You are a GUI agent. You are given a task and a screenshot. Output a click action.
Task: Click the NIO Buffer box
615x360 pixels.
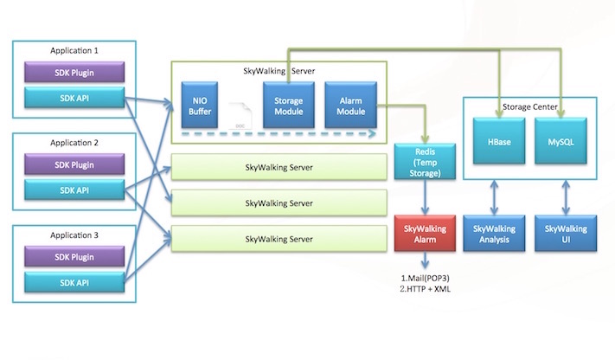point(200,105)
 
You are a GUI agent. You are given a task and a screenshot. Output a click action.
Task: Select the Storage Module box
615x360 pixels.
point(289,105)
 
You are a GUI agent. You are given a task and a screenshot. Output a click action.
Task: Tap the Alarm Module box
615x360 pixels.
point(351,105)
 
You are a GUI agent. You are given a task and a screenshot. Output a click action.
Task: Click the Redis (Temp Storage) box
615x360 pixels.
point(426,162)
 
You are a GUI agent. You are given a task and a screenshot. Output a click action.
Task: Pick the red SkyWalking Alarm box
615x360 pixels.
point(426,233)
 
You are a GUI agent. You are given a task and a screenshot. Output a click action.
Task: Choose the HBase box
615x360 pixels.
point(499,141)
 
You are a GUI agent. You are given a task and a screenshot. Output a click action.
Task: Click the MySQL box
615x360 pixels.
point(561,141)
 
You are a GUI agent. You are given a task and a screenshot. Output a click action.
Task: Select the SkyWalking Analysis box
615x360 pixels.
point(494,233)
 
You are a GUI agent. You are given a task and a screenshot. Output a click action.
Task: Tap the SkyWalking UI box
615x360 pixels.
point(566,233)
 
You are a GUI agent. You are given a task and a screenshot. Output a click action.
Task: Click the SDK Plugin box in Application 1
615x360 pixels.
point(74,72)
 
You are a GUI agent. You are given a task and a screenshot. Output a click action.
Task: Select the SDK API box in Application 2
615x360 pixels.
point(74,190)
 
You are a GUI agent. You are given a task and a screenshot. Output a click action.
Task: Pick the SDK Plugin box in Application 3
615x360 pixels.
point(74,257)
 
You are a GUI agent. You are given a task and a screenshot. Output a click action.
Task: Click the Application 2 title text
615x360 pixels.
point(74,143)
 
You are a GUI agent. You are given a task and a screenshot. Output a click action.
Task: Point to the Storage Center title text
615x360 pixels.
point(530,106)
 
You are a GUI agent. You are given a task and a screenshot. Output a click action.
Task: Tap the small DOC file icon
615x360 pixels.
point(240,116)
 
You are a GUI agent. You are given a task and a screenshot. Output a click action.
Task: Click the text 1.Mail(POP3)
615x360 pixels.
point(426,278)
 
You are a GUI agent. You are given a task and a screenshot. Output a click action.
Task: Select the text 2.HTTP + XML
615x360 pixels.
point(426,289)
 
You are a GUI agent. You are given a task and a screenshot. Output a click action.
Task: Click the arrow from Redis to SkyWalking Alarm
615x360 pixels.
point(426,197)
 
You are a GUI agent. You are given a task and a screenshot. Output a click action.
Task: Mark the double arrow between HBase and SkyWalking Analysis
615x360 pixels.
point(494,197)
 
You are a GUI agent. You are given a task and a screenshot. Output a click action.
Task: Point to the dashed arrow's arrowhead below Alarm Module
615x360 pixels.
point(372,134)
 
